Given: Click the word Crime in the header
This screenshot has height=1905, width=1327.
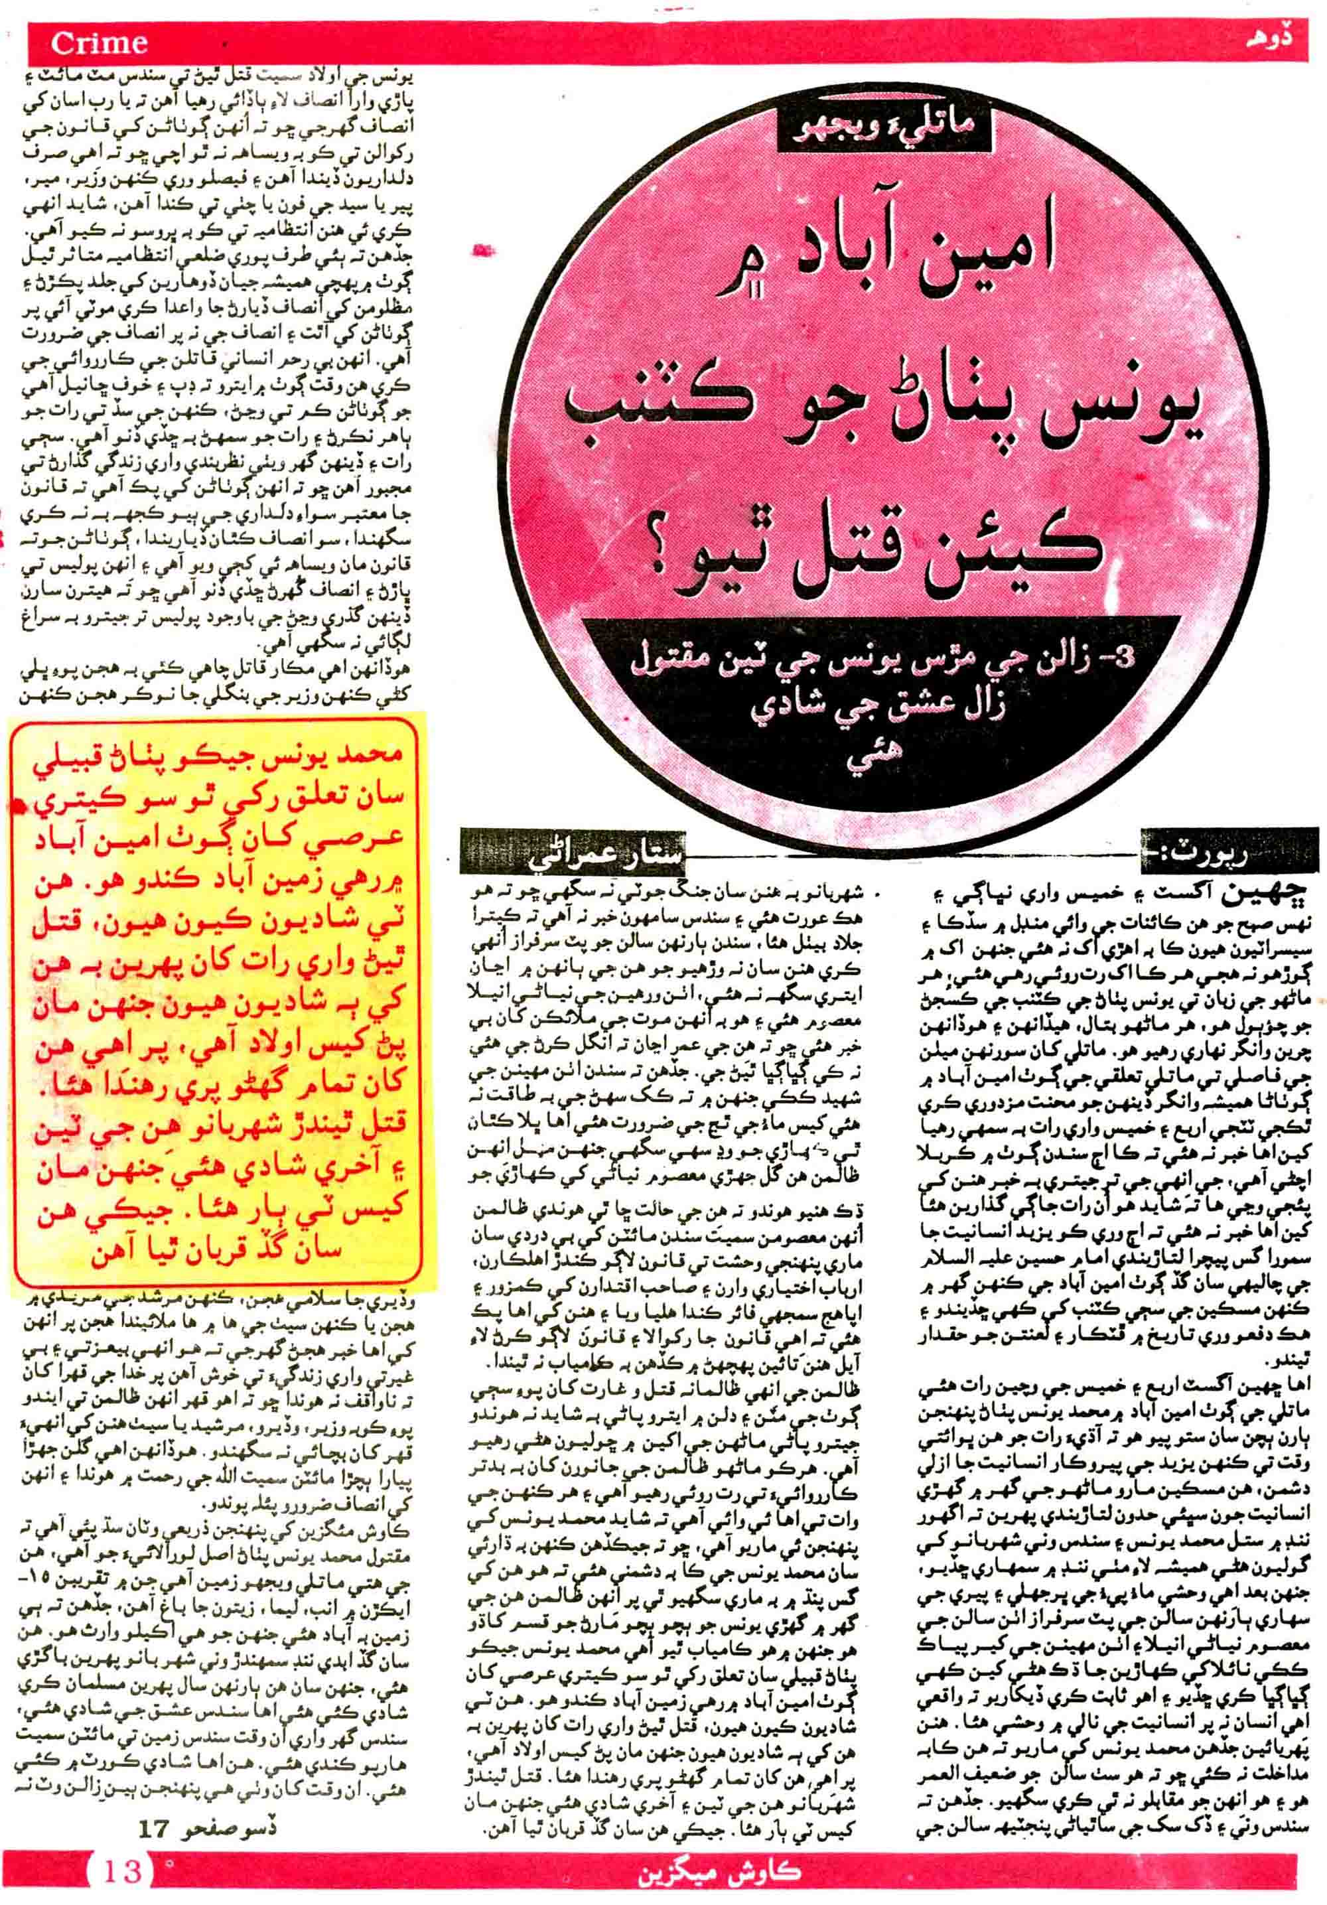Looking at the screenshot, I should (99, 42).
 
